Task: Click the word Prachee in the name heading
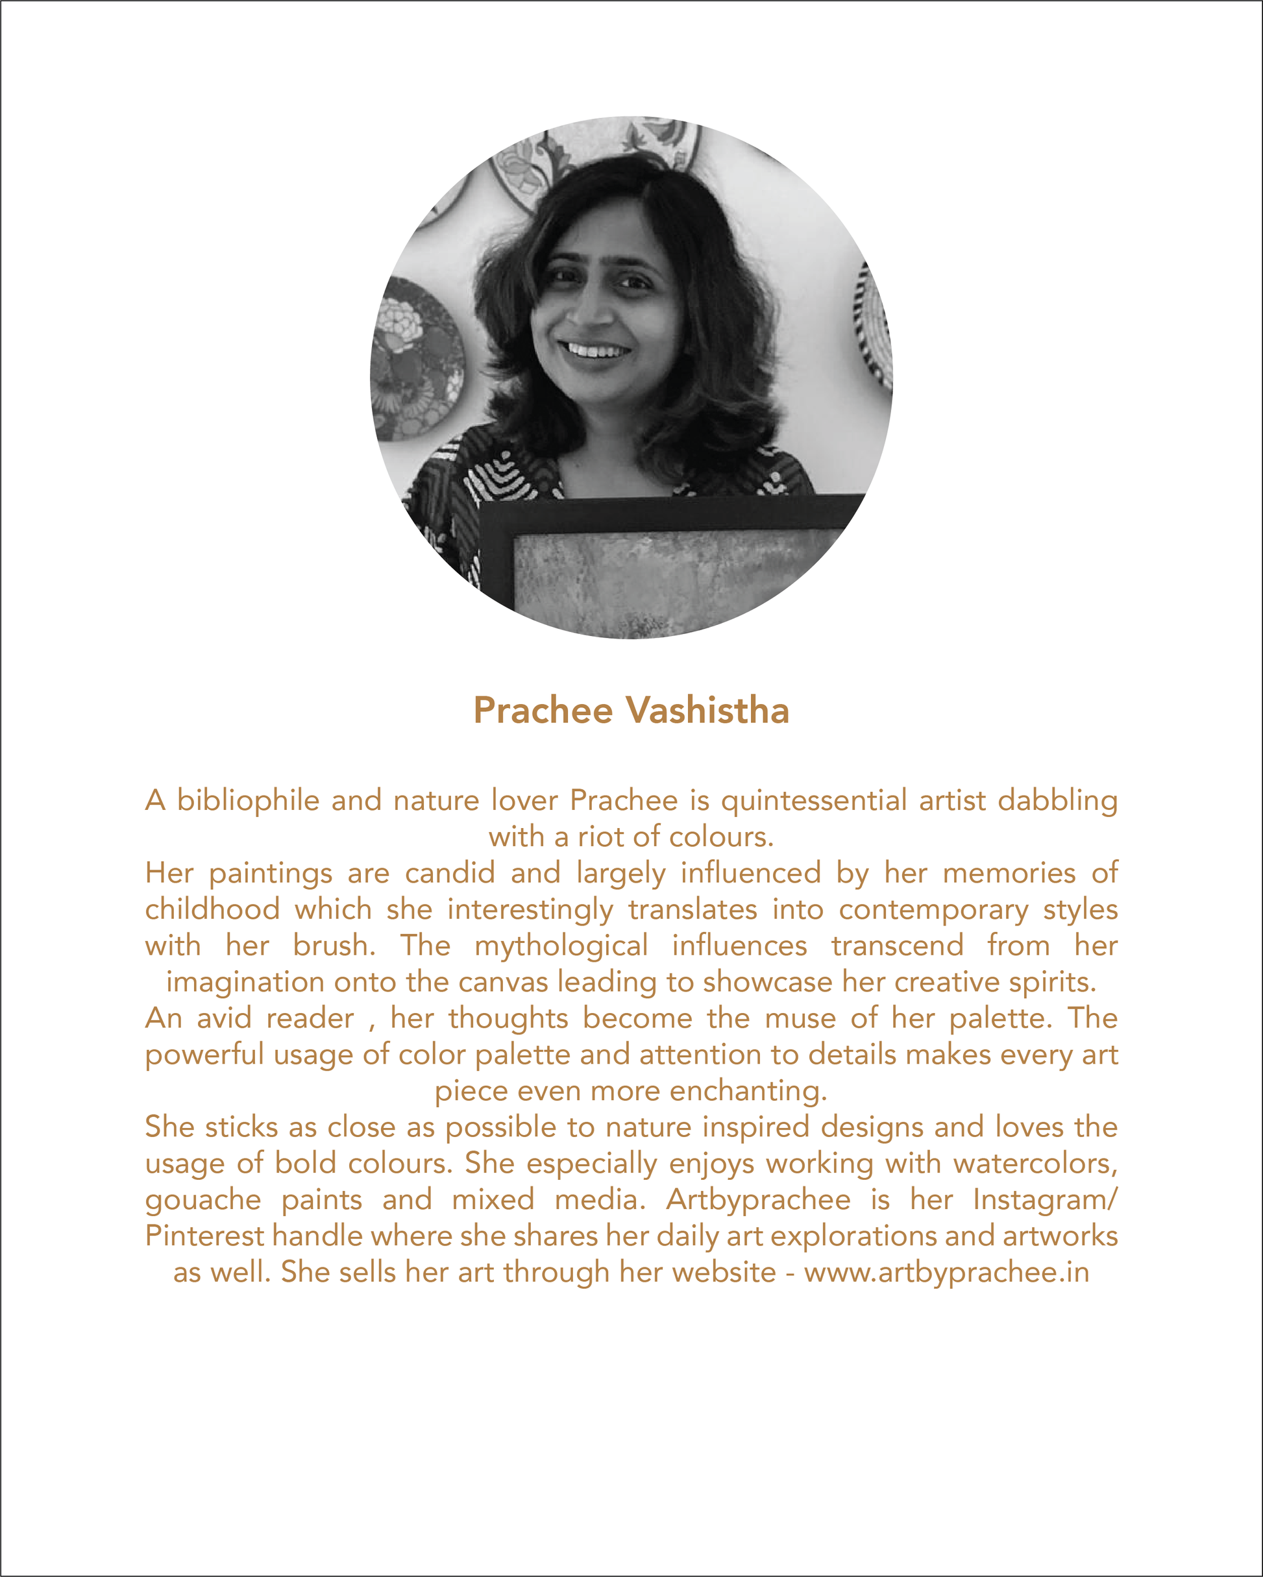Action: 543,710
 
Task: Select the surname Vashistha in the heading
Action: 707,710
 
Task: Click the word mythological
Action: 561,945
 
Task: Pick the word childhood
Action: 212,909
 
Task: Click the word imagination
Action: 244,982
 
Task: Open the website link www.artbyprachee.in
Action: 946,1272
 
